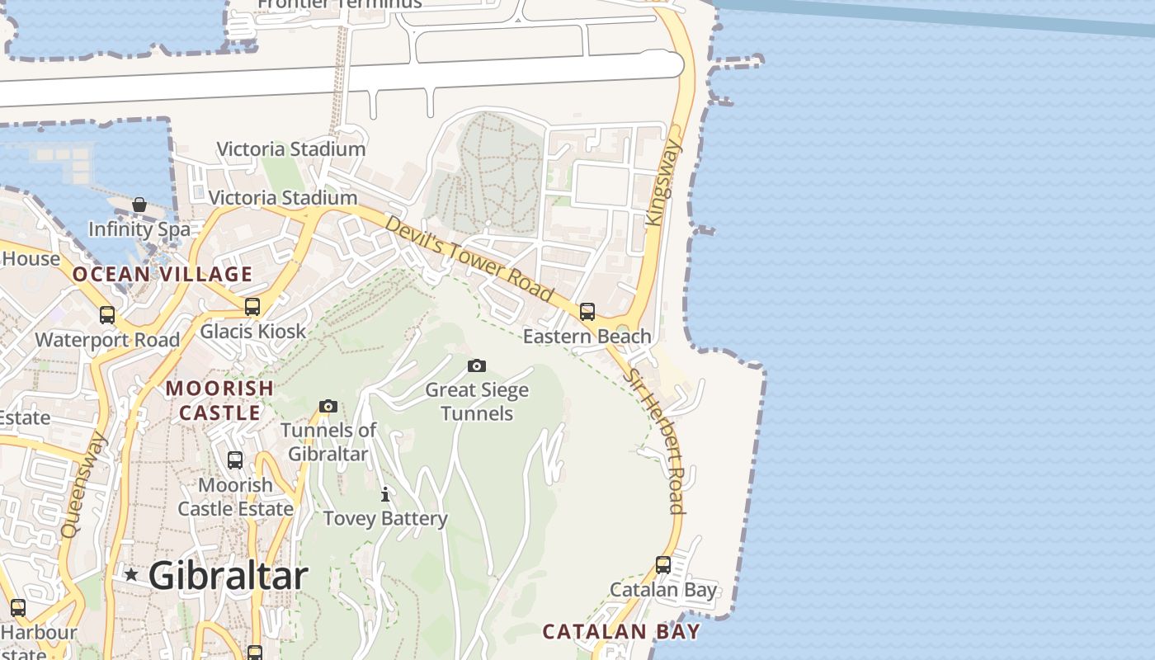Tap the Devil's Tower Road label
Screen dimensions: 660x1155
(x=469, y=259)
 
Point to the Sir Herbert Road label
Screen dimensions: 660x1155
(x=654, y=441)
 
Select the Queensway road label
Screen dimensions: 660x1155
(x=83, y=484)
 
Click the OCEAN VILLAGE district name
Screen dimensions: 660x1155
(x=162, y=275)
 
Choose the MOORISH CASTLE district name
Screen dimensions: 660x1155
(x=220, y=399)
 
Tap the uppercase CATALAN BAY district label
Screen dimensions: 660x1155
(x=621, y=632)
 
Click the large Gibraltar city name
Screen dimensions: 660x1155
(x=229, y=576)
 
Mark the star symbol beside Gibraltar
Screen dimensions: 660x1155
(x=131, y=574)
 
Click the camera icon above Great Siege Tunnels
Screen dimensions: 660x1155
(x=477, y=365)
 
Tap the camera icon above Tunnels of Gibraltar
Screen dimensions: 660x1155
(x=328, y=406)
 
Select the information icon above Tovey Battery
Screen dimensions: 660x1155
(x=384, y=494)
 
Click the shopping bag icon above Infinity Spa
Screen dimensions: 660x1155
(x=139, y=205)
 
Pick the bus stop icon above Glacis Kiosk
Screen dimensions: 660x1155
(x=252, y=307)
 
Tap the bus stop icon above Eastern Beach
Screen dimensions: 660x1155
(x=587, y=312)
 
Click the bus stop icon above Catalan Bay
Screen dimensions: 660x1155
(x=663, y=565)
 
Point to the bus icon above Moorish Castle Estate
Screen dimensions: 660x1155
(x=235, y=460)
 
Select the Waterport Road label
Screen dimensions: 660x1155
(x=107, y=340)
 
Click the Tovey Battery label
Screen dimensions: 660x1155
(x=385, y=519)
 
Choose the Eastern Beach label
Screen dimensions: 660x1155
(x=587, y=337)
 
